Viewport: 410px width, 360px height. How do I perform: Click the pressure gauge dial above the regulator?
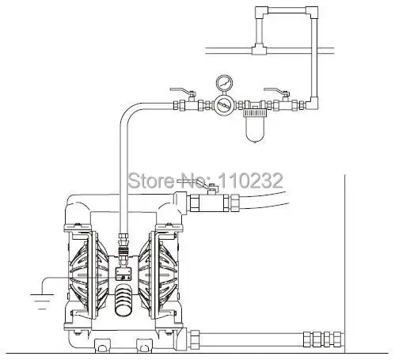point(224,83)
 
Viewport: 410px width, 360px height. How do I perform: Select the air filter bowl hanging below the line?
point(255,128)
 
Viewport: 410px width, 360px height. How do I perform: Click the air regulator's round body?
point(224,105)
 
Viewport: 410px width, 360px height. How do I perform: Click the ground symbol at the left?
point(42,301)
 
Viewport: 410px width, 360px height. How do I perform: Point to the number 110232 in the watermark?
point(250,180)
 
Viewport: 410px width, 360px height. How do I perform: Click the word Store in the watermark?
point(151,180)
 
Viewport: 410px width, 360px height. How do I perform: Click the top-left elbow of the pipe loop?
point(261,12)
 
